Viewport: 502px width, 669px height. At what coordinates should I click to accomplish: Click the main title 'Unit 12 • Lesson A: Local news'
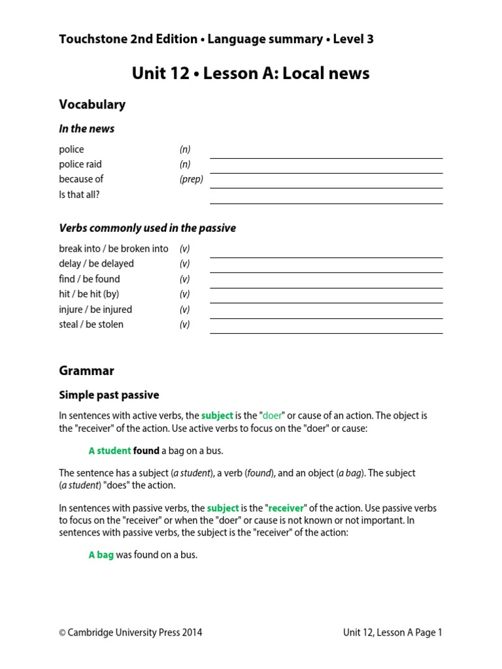(x=250, y=73)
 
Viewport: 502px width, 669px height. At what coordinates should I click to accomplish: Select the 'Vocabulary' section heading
(x=92, y=105)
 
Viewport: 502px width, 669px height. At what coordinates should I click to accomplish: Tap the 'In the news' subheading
(x=86, y=129)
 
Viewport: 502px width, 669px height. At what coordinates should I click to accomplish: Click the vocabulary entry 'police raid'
(x=80, y=164)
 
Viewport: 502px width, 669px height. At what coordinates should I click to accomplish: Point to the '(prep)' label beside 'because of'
(x=192, y=179)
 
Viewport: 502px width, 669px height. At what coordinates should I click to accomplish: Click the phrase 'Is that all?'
(x=80, y=194)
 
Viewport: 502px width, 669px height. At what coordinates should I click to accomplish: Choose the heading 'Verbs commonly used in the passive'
(x=147, y=228)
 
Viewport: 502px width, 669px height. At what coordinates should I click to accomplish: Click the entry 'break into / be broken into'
(x=114, y=249)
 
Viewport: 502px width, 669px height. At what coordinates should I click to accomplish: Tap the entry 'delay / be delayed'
(x=96, y=264)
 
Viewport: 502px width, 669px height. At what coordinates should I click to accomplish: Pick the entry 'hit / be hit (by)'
(x=89, y=294)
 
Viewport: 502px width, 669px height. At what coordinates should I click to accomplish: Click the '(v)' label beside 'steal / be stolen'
(x=185, y=325)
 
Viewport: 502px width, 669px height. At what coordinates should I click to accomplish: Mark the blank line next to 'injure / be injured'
(x=326, y=317)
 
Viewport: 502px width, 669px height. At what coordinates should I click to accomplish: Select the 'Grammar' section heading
(x=86, y=370)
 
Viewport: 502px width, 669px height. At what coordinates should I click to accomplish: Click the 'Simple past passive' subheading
(x=109, y=395)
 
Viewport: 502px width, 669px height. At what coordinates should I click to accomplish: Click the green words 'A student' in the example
(x=109, y=451)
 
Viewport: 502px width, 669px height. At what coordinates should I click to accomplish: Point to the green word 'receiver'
(x=286, y=508)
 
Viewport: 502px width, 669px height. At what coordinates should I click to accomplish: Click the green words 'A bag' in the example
(x=101, y=555)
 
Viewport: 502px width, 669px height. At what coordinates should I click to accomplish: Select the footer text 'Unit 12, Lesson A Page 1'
(x=392, y=632)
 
